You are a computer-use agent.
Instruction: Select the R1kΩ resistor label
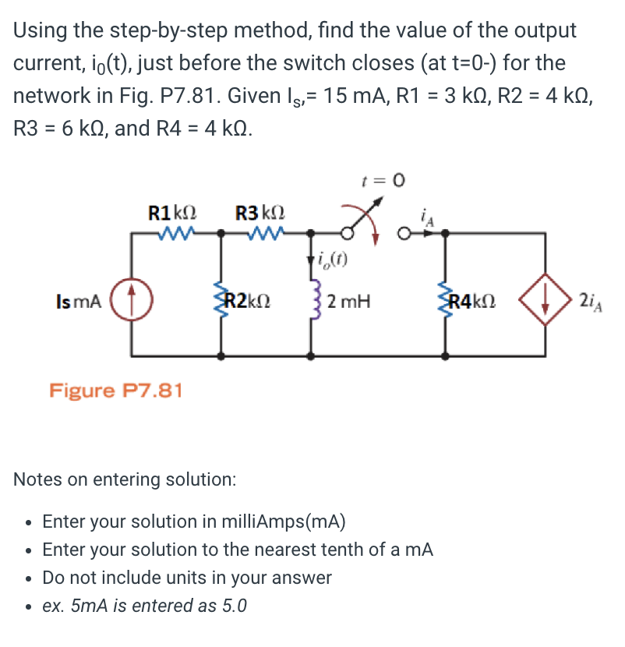[172, 210]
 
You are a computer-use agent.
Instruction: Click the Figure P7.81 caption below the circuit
[116, 389]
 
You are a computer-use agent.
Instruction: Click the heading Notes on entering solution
[125, 479]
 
